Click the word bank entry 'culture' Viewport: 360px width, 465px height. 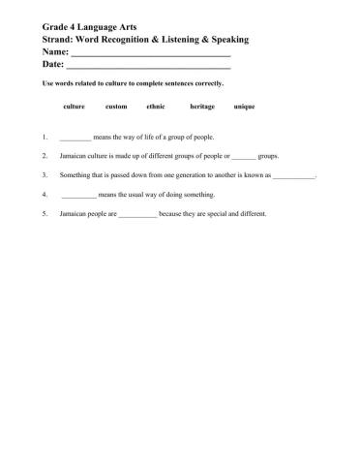[74, 106]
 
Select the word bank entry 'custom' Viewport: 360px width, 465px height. [116, 106]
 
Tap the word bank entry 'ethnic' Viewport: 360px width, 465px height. [155, 106]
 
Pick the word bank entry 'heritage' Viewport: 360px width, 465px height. [202, 106]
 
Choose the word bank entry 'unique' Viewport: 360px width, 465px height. [245, 106]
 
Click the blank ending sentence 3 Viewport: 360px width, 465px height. [294, 175]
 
